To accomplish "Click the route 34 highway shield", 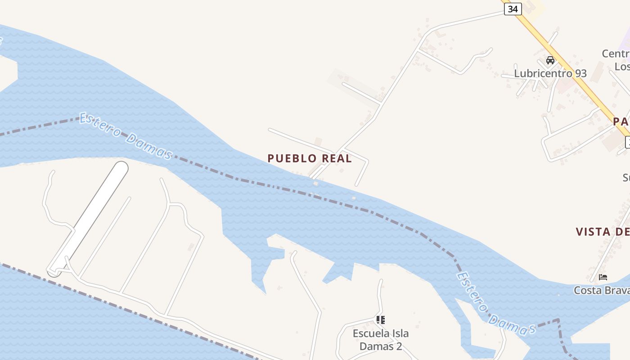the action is [x=513, y=9].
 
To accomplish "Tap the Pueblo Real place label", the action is [x=310, y=158].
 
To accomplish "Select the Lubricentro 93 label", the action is [x=550, y=73].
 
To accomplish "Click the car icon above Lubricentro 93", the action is [x=550, y=60].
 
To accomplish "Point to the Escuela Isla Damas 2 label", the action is [x=380, y=340].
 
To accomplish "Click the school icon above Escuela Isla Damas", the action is [x=381, y=320].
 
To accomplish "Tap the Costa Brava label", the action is [x=602, y=290].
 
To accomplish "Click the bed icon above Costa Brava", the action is [x=603, y=277].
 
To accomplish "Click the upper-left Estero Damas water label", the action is [x=126, y=136].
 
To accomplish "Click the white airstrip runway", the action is [x=88, y=219].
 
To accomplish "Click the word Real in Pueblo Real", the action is [x=335, y=158].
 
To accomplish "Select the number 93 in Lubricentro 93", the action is [x=579, y=73].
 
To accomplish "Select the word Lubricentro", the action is [x=541, y=73].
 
